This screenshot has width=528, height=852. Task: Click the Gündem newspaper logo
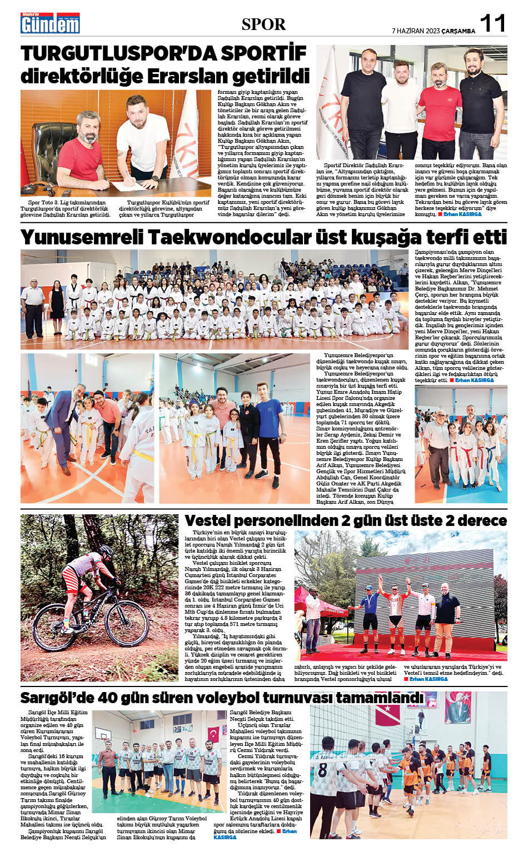(x=51, y=23)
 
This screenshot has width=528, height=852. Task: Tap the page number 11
(x=492, y=24)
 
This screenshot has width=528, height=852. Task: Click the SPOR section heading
(x=263, y=24)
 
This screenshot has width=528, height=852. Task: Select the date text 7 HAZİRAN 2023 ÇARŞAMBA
(x=433, y=31)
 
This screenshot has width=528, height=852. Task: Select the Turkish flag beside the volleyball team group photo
(x=214, y=739)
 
